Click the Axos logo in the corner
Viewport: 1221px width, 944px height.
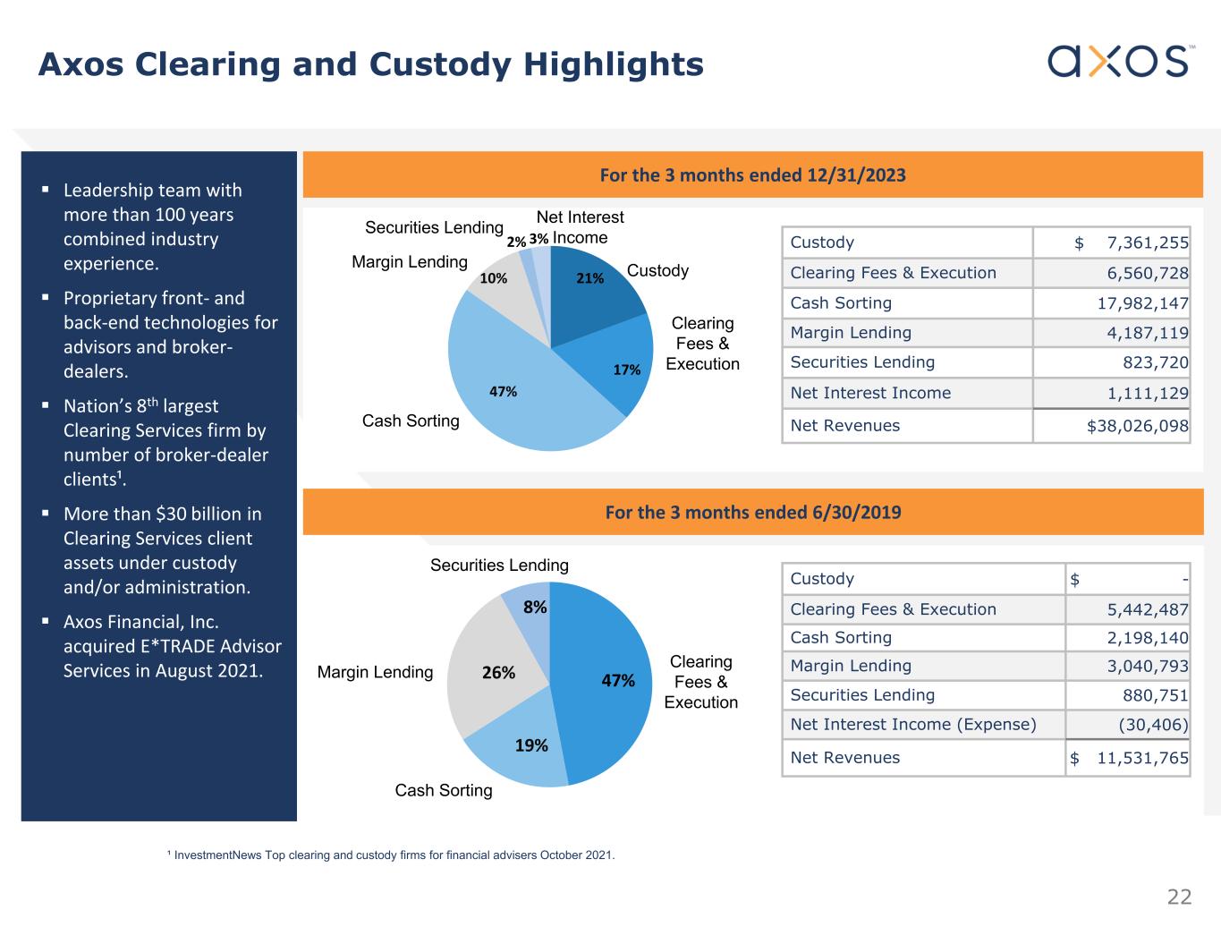click(1118, 61)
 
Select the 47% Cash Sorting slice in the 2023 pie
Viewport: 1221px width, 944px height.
click(510, 385)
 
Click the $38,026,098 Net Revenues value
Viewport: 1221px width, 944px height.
click(1137, 426)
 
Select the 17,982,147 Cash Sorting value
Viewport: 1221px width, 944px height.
click(1142, 303)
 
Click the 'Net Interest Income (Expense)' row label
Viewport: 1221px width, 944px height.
click(912, 725)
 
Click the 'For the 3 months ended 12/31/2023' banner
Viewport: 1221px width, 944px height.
click(752, 175)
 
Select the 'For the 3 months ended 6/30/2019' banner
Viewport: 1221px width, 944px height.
click(752, 513)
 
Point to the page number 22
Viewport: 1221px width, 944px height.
click(1179, 897)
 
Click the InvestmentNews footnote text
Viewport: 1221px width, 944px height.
click(394, 855)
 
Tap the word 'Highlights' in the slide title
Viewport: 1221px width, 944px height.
click(613, 64)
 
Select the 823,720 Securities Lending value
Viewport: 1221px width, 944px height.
click(1155, 362)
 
